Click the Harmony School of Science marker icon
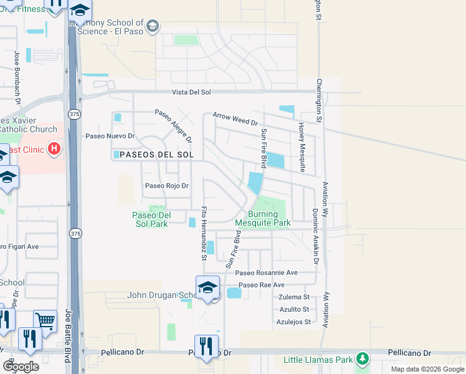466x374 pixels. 153,26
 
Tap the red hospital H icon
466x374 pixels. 54,149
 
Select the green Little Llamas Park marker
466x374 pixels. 361,360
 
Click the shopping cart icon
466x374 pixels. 45,322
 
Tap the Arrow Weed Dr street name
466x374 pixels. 235,118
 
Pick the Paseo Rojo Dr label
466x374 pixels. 166,186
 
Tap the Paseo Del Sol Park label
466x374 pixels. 150,219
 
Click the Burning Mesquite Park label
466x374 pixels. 262,218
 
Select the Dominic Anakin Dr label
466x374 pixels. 315,236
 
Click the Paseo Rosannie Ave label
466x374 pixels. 266,273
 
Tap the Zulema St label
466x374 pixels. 294,297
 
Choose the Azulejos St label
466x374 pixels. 294,322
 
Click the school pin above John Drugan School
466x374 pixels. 207,287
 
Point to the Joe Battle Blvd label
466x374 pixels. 69,342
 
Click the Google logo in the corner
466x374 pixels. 21,367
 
